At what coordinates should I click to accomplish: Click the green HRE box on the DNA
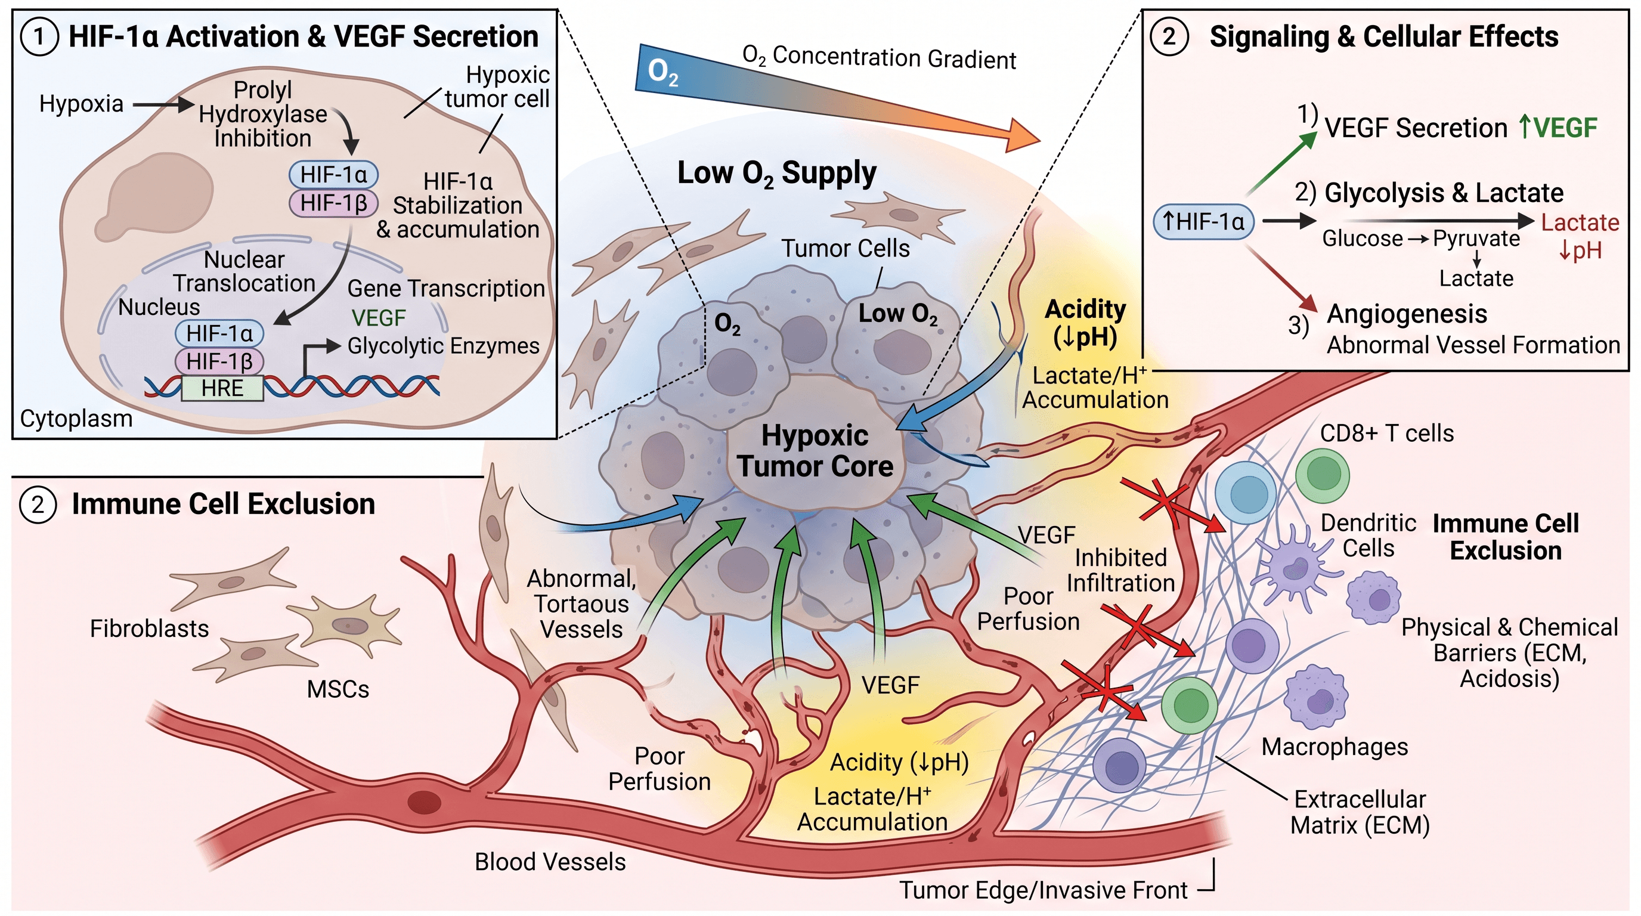point(222,388)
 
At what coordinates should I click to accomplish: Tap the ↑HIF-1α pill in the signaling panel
point(1203,222)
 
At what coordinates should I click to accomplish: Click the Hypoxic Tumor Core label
point(815,451)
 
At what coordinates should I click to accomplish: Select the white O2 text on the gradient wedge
point(662,72)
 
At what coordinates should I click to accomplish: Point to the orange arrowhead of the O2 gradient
point(1019,134)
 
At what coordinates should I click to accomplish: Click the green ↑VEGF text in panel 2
point(1558,128)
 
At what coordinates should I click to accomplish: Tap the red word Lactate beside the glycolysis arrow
point(1580,222)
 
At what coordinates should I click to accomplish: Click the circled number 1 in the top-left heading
point(39,37)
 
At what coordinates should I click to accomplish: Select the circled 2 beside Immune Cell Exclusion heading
point(38,505)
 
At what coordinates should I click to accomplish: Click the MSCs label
point(338,689)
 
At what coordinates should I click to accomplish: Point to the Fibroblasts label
point(149,629)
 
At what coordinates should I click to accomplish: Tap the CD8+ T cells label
point(1387,433)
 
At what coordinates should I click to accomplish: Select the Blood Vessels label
point(550,862)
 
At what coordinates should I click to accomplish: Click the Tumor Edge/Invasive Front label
point(1044,890)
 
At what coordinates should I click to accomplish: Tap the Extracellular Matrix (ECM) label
point(1360,812)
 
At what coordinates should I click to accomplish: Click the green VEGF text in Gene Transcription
point(379,318)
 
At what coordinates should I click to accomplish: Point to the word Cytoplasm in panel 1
point(76,419)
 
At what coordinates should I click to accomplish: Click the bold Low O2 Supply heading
point(776,174)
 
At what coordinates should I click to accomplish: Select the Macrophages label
point(1335,747)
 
